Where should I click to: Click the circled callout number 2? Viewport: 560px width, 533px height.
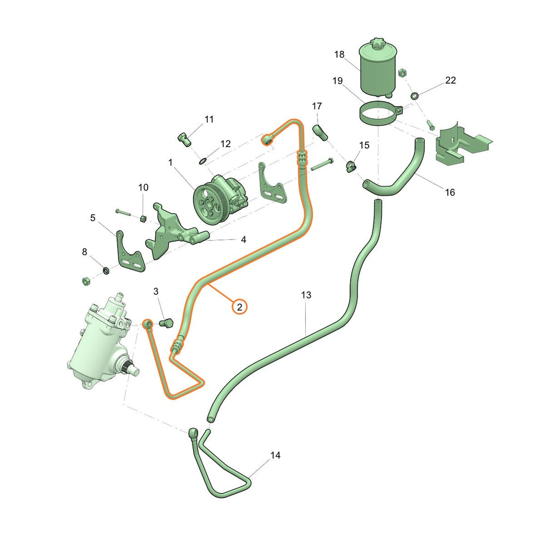pos(240,307)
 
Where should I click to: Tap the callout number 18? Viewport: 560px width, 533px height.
pos(339,54)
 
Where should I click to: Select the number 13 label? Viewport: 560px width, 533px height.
pos(306,295)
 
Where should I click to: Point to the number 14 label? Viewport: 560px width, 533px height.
pos(276,455)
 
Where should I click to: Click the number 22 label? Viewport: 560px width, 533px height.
pos(451,80)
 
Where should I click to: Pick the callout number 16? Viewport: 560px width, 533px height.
pos(450,192)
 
